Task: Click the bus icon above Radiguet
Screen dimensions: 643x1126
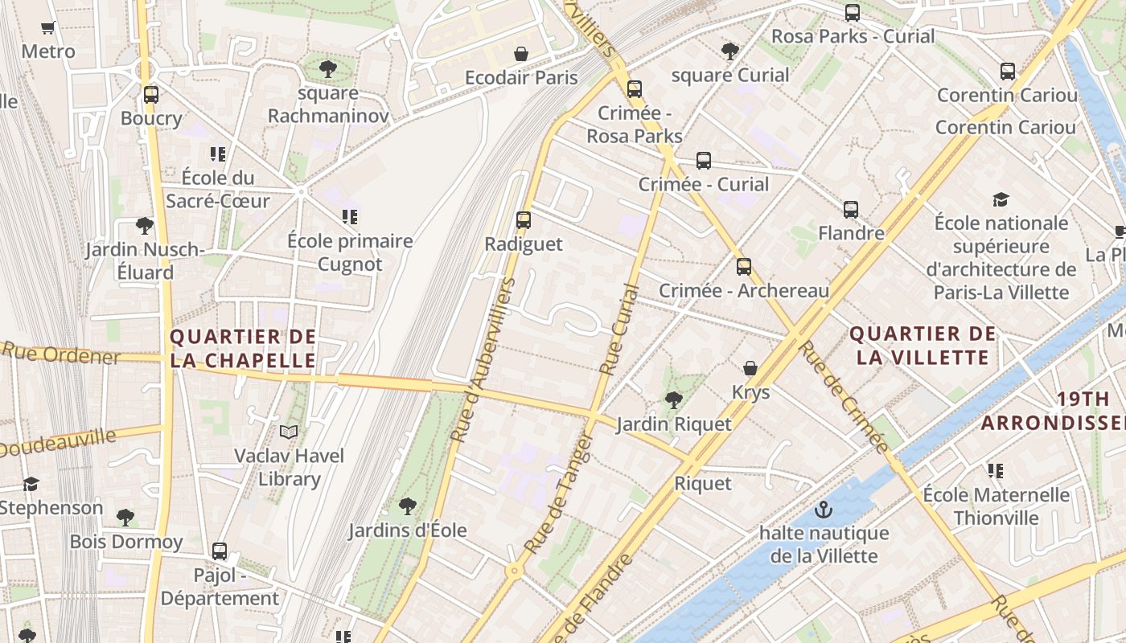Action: tap(524, 219)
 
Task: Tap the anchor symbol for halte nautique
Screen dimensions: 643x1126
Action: tap(823, 510)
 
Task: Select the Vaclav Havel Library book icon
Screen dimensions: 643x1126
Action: tap(289, 432)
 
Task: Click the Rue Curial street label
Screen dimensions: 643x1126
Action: tap(619, 330)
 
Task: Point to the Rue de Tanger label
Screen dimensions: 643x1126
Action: tap(559, 494)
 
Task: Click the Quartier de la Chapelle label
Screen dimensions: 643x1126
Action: tap(243, 348)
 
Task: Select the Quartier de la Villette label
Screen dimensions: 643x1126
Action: tap(923, 345)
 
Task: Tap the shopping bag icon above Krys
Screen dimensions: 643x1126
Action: tap(750, 368)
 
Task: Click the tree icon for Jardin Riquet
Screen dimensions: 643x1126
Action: tap(674, 399)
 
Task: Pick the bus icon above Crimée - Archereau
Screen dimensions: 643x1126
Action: tap(744, 266)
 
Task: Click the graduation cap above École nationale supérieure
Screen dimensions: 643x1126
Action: tap(1001, 199)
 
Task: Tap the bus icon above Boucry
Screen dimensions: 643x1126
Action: tap(151, 94)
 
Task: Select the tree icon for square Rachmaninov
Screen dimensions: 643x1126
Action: tap(327, 68)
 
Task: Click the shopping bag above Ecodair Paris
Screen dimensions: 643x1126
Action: tap(521, 54)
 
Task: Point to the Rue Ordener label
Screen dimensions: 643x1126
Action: tap(60, 353)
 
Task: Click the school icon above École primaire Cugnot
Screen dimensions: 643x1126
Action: tap(350, 216)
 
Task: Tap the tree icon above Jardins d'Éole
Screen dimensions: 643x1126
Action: tap(408, 506)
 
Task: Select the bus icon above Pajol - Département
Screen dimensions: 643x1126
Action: tap(220, 551)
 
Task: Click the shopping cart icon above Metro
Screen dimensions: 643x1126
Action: tap(48, 27)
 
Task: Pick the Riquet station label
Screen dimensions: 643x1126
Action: tap(703, 483)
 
